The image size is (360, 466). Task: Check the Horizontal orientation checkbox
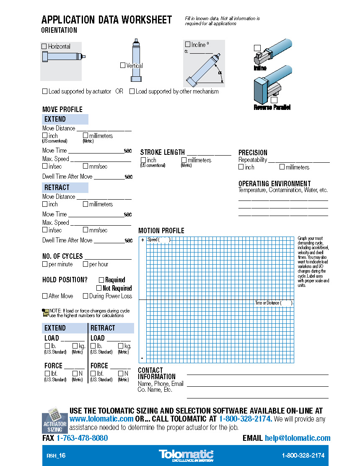click(x=44, y=47)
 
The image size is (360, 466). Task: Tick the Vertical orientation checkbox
click(x=123, y=65)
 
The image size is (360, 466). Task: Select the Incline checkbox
click(x=188, y=44)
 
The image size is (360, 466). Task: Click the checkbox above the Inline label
click(x=257, y=48)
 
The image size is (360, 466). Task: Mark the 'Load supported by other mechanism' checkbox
click(x=132, y=91)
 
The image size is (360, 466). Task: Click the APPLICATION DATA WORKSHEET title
click(x=106, y=20)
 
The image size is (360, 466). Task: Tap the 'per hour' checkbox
click(x=85, y=264)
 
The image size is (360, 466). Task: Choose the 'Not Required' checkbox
click(x=99, y=288)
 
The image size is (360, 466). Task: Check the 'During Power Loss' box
click(x=85, y=296)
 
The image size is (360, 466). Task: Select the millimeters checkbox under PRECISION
click(x=282, y=167)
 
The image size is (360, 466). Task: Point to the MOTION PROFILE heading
click(x=161, y=231)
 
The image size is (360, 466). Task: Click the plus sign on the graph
click(x=142, y=240)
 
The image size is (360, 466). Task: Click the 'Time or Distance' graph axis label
click(x=274, y=303)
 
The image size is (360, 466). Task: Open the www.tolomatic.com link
click(x=101, y=419)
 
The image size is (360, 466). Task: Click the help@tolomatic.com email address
click(x=298, y=438)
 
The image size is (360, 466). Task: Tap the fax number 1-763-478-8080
click(x=82, y=438)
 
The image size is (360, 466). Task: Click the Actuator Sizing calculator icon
click(x=54, y=419)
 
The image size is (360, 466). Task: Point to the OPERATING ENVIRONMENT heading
click(x=275, y=184)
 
